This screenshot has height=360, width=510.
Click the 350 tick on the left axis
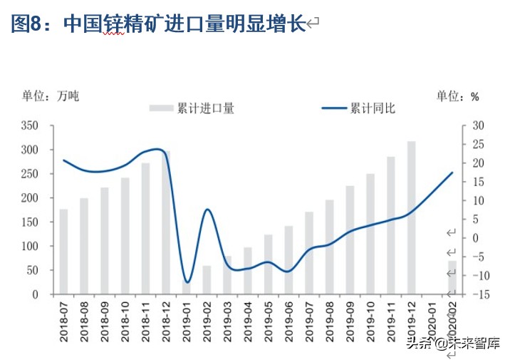coord(29,125)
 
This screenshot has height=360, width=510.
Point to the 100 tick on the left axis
coord(29,246)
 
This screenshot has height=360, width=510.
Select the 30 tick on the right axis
coord(478,125)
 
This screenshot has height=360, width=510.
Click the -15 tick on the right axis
coord(478,294)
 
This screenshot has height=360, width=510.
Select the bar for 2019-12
coord(412,217)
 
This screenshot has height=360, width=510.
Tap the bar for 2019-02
coord(207,279)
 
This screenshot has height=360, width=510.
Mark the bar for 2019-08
coord(330,247)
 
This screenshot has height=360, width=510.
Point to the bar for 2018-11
coord(145,228)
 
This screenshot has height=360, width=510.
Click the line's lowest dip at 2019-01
coord(187,282)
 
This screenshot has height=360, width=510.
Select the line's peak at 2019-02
coord(207,209)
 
